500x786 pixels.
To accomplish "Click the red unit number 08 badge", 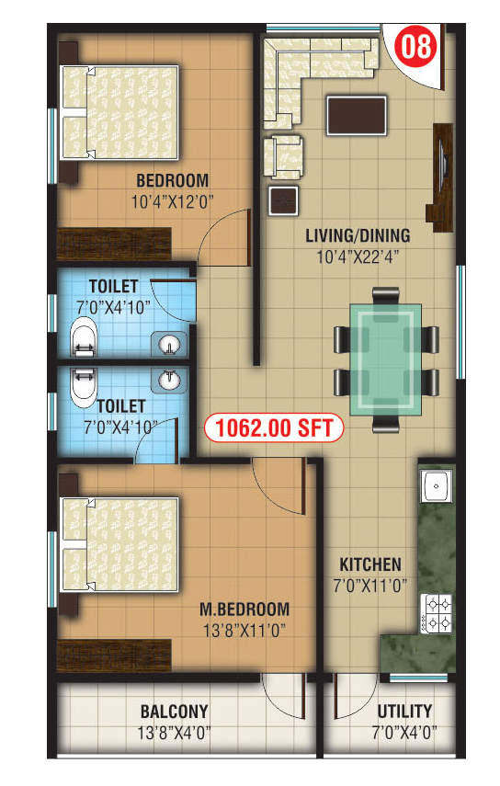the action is click(x=415, y=47).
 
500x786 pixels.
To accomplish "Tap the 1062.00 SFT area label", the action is click(x=274, y=428).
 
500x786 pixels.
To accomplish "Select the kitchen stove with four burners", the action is click(x=436, y=612).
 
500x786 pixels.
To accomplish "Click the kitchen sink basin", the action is click(x=437, y=486).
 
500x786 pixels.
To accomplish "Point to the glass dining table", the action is click(x=386, y=359).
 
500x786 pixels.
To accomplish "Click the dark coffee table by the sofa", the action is click(x=357, y=116).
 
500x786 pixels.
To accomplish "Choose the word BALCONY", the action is click(x=174, y=712).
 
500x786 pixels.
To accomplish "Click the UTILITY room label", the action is click(x=404, y=711).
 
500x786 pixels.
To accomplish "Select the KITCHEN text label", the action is click(x=370, y=564).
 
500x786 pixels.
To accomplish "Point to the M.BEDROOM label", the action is click(x=244, y=609).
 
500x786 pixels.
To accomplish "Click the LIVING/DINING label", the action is click(x=358, y=235).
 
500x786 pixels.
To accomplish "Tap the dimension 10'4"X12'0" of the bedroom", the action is click(x=173, y=202).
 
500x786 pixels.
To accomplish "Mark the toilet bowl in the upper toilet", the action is click(x=83, y=336).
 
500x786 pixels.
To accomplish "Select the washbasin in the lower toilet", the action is click(x=169, y=380).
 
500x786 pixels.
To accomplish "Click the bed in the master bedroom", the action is click(x=119, y=544).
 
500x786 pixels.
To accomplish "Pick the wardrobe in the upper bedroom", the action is click(x=114, y=245).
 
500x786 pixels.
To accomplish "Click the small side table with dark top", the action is click(x=284, y=200).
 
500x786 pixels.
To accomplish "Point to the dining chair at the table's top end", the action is click(x=386, y=295).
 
